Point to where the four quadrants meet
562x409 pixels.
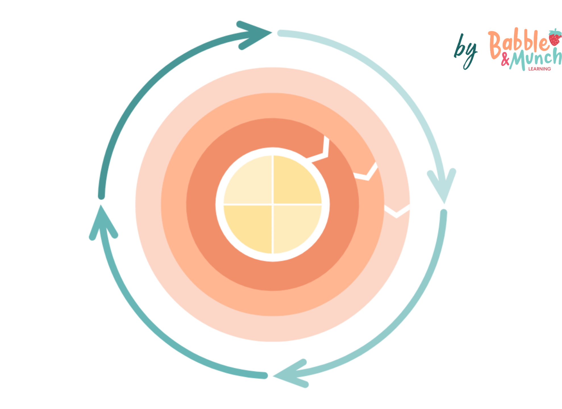[x=273, y=204]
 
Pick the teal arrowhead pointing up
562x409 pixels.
[x=102, y=224]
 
